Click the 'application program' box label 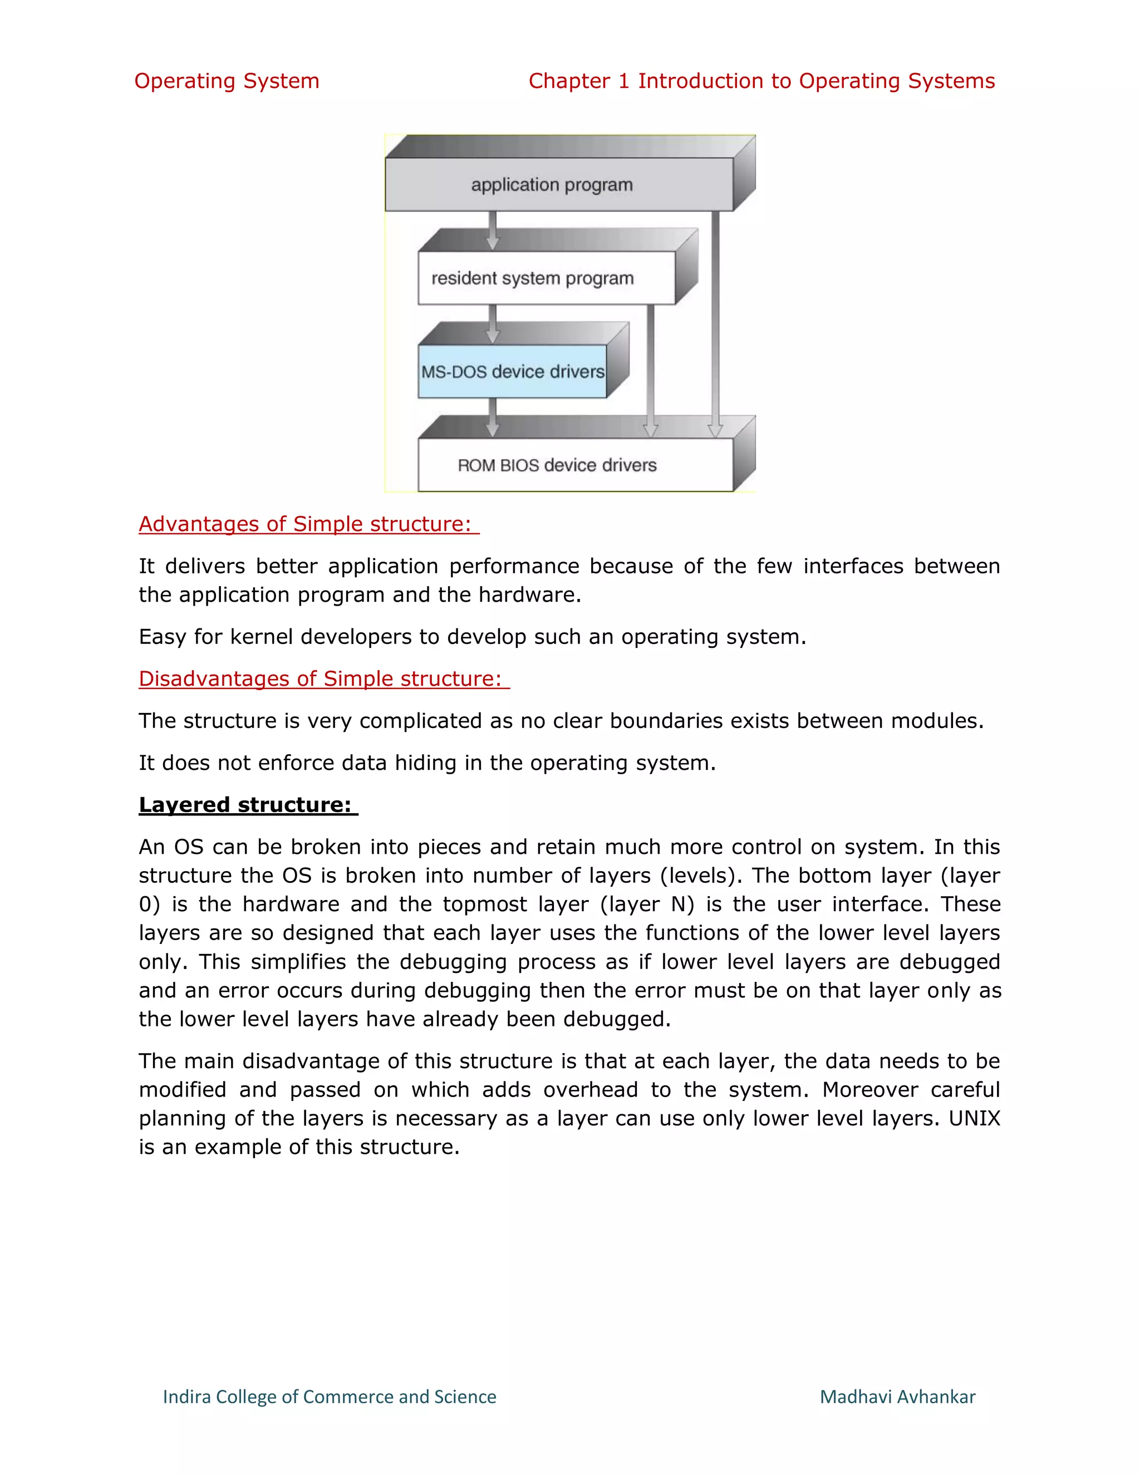coord(552,184)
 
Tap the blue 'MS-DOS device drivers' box coord(513,371)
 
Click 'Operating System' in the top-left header coord(226,81)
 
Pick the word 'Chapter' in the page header coord(569,81)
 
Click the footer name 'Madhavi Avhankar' coord(897,1397)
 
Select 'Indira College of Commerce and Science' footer coord(330,1397)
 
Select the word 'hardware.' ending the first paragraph coord(529,595)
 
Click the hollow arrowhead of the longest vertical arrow coord(715,430)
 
